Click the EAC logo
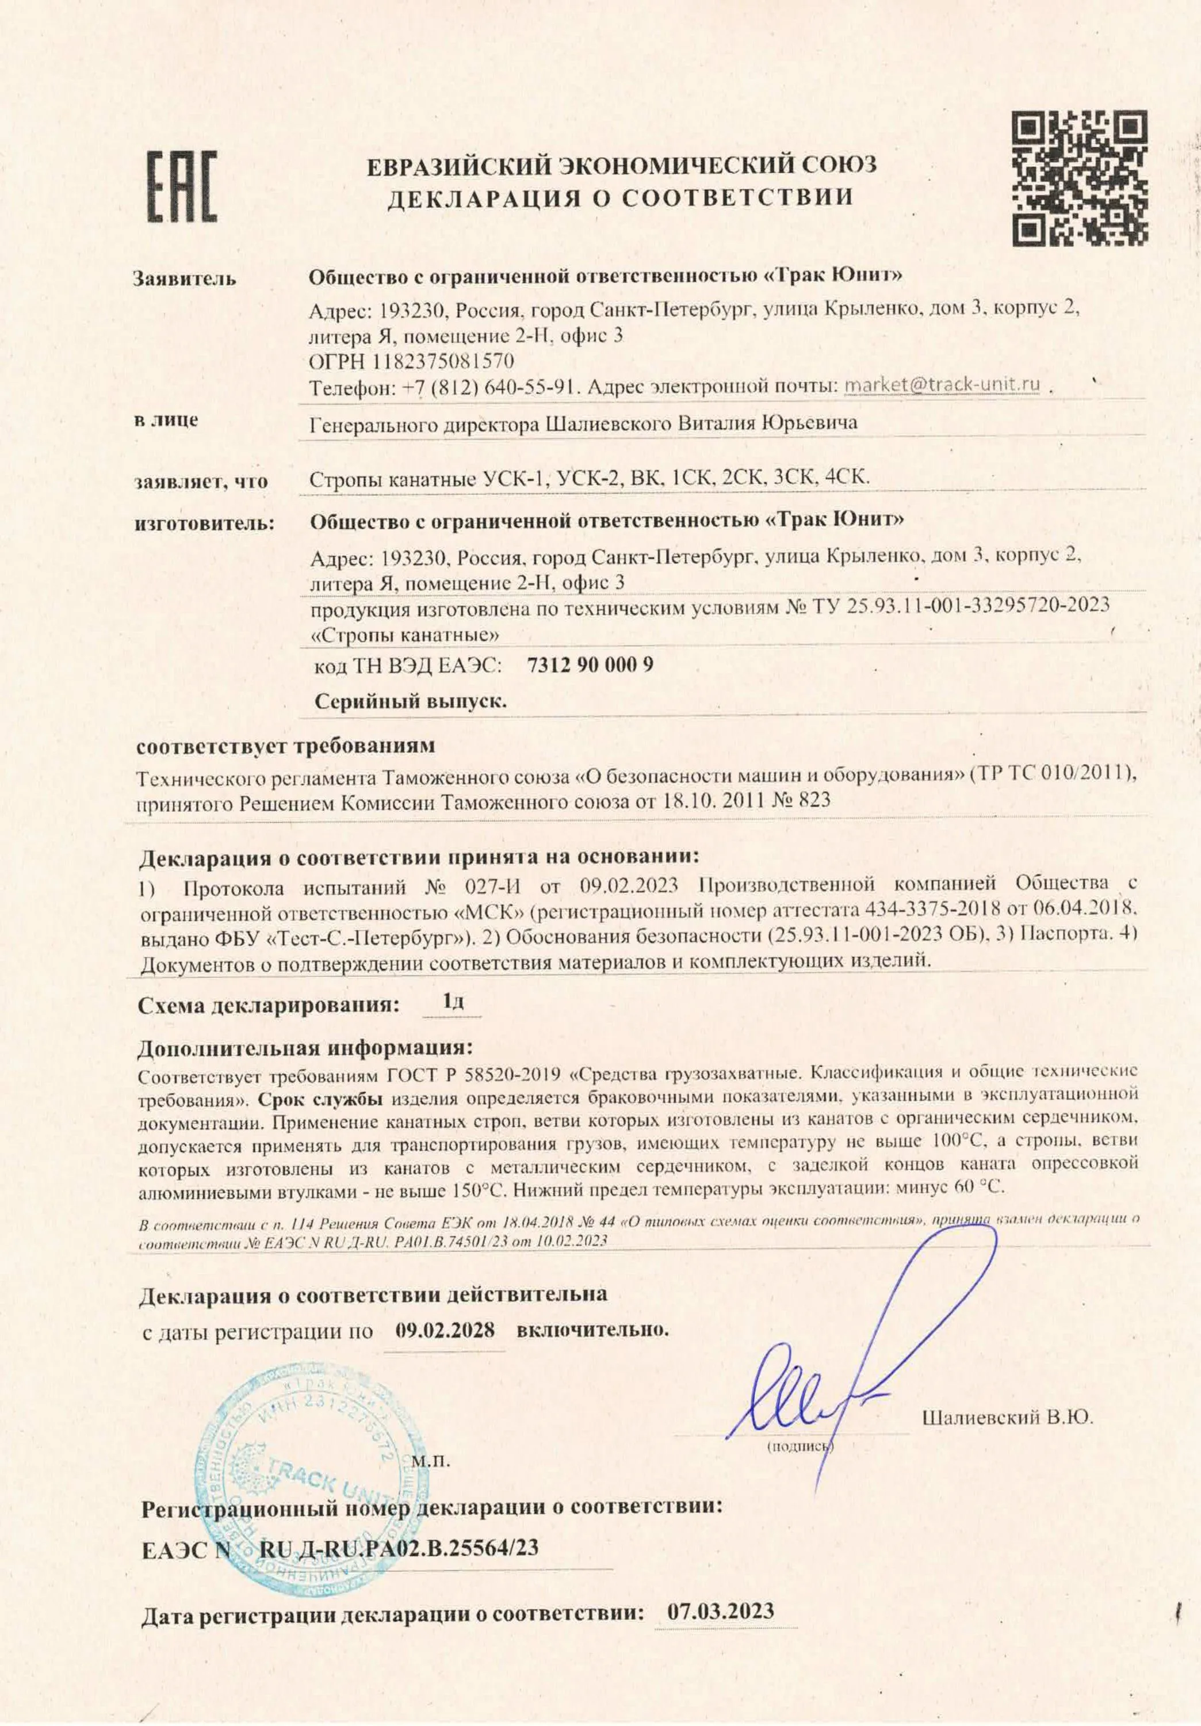(181, 186)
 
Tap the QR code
(1078, 178)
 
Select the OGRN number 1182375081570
(443, 361)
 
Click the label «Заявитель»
(184, 279)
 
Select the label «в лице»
(166, 420)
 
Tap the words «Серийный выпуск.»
(410, 702)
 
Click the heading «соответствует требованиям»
(286, 746)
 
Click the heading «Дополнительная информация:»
(306, 1047)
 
